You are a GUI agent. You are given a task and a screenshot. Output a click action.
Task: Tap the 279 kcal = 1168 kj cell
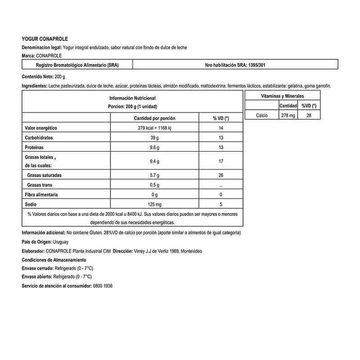(x=154, y=128)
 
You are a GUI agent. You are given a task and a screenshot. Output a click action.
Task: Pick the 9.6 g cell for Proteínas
(x=154, y=147)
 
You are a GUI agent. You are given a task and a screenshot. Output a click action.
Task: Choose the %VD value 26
(x=220, y=175)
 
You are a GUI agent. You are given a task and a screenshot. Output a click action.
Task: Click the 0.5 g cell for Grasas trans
(x=154, y=185)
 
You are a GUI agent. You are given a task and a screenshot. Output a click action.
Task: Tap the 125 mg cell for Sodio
(x=154, y=204)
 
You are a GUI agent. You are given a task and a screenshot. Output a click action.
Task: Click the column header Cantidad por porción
(x=154, y=118)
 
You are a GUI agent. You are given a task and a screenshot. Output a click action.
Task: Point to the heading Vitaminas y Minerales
(x=283, y=96)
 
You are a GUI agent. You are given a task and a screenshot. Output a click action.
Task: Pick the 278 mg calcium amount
(x=288, y=115)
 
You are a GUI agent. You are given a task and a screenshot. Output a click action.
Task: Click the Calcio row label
(x=261, y=115)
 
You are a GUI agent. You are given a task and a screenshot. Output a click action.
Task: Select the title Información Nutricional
(x=132, y=98)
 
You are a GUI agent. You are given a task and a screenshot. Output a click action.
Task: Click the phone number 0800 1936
(x=102, y=286)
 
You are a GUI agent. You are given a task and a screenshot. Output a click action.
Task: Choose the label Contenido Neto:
(x=37, y=76)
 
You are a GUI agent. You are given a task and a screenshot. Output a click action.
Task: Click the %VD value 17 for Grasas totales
(x=220, y=161)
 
